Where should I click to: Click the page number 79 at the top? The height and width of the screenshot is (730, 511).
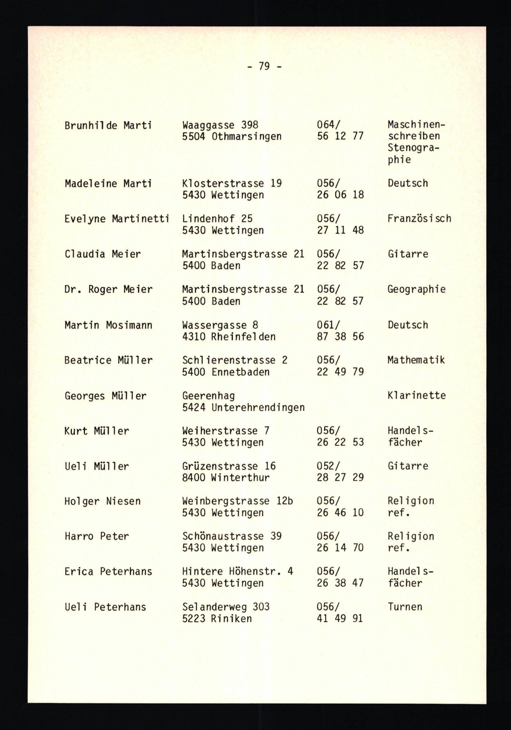point(264,66)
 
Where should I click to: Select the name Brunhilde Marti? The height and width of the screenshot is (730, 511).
point(108,126)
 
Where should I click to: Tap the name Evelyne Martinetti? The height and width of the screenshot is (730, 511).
point(116,219)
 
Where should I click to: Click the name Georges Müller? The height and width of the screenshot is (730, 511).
point(106,396)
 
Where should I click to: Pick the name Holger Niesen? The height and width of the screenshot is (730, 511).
point(102,501)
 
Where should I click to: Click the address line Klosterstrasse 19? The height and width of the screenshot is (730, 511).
point(232,184)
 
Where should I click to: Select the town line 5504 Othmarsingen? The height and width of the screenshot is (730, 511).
point(232,136)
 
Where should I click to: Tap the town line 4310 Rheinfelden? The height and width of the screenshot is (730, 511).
point(229,336)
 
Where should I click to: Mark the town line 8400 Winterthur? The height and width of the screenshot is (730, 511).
point(226,477)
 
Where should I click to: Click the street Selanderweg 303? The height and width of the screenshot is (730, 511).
point(226,607)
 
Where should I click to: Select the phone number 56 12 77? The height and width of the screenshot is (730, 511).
point(340,136)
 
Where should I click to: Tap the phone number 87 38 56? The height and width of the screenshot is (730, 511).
point(340,336)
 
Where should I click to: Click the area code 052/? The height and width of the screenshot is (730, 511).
point(328,466)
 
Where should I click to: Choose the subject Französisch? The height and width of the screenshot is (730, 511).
point(419,219)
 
